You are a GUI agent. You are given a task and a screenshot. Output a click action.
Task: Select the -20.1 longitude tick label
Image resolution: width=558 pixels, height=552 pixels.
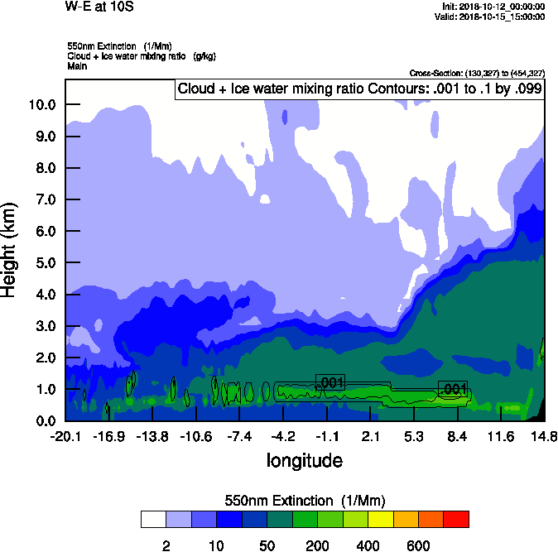click(65, 436)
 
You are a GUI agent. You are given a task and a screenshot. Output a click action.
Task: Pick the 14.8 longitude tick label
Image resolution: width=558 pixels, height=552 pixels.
click(544, 436)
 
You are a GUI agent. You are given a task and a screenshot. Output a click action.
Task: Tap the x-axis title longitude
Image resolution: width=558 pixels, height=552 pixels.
click(304, 460)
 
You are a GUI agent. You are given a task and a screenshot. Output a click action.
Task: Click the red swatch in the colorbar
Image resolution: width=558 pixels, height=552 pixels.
click(456, 519)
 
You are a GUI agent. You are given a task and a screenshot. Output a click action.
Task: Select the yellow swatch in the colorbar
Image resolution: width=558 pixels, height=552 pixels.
click(380, 519)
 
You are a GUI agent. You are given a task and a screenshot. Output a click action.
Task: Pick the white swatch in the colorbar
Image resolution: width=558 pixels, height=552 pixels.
click(153, 519)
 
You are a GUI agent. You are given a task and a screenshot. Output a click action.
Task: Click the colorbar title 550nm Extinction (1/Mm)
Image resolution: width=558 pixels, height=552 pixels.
click(305, 501)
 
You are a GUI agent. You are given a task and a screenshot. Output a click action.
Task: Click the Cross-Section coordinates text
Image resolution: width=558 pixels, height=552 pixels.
click(477, 73)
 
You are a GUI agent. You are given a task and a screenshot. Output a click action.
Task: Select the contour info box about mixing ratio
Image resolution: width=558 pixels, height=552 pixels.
click(359, 89)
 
